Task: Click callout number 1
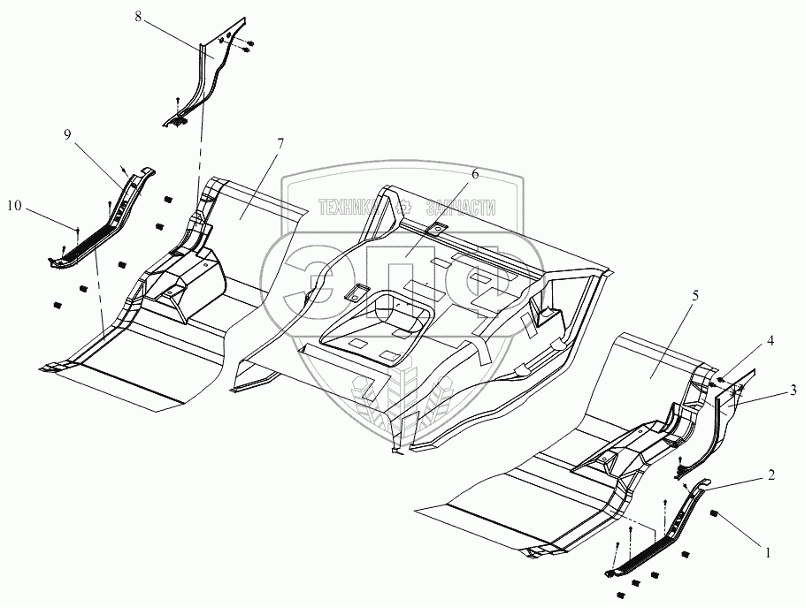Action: pyautogui.click(x=768, y=553)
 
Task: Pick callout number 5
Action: pyautogui.click(x=694, y=296)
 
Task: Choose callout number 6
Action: pyautogui.click(x=474, y=174)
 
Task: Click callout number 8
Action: pyautogui.click(x=138, y=16)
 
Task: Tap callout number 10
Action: pyautogui.click(x=15, y=206)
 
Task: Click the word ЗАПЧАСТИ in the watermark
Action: pyautogui.click(x=460, y=209)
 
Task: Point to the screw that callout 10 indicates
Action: pyautogui.click(x=78, y=231)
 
